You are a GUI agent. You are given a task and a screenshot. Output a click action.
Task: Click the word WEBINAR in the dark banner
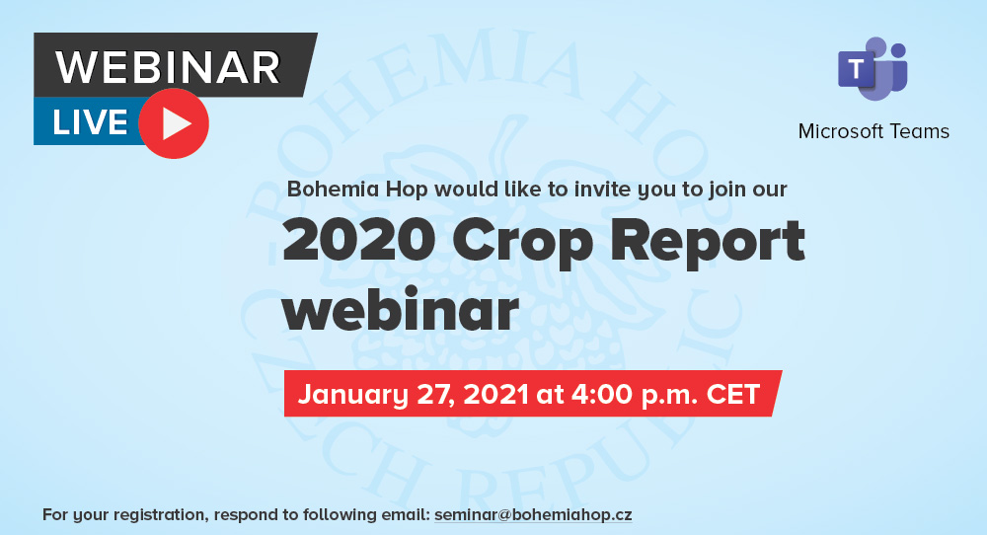pos(168,67)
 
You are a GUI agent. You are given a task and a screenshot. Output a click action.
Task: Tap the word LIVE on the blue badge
pos(90,122)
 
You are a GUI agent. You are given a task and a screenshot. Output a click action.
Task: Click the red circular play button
pos(174,123)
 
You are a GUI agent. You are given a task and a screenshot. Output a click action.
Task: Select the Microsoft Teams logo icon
pos(873,68)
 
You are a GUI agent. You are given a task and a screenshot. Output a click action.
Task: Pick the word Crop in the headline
pos(522,244)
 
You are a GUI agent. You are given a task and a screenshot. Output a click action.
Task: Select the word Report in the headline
pos(708,244)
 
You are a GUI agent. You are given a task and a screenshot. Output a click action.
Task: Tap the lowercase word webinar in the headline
pos(401,309)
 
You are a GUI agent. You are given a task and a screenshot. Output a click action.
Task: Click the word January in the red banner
pos(353,395)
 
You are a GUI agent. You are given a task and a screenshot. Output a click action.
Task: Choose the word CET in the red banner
pos(733,394)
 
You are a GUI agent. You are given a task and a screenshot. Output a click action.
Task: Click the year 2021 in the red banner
pos(495,394)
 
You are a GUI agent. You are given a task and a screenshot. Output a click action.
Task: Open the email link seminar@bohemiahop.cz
pos(533,515)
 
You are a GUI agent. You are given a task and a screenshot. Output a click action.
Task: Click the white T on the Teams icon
pos(856,68)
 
